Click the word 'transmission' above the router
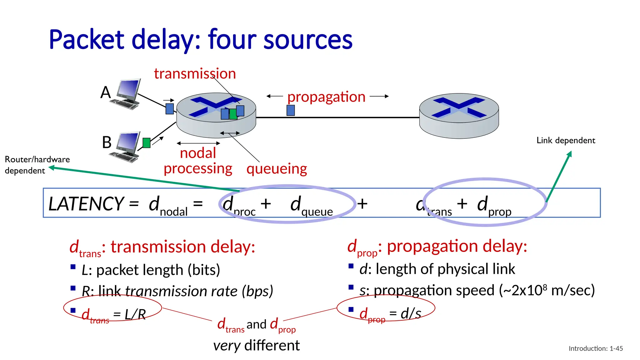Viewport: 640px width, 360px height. (x=195, y=74)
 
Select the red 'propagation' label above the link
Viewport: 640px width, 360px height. (x=326, y=97)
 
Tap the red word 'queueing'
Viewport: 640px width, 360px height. (x=277, y=169)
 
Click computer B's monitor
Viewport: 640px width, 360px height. (x=128, y=142)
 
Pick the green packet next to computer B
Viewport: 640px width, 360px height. (x=146, y=143)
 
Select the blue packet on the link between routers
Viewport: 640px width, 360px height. (x=291, y=110)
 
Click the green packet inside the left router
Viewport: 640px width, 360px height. (x=233, y=114)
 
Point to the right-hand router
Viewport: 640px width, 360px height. (x=459, y=116)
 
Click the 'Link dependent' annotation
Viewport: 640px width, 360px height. (x=566, y=140)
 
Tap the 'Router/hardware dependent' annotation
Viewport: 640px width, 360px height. (x=37, y=165)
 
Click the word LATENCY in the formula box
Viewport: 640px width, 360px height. (x=86, y=204)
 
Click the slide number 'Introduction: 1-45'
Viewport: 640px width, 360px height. (x=596, y=348)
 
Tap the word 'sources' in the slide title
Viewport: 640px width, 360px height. (x=308, y=40)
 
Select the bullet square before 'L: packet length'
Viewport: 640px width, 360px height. (x=73, y=267)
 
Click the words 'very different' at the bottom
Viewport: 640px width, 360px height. (x=256, y=346)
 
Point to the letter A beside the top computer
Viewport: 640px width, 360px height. (x=106, y=92)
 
